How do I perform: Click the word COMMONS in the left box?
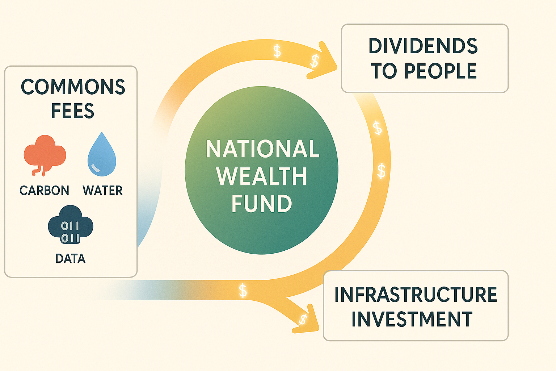[x=73, y=87]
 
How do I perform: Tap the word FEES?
[x=72, y=111]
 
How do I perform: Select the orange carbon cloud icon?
[x=45, y=154]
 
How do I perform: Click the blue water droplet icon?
[x=102, y=155]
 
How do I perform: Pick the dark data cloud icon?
[x=71, y=225]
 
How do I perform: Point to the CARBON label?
[x=44, y=191]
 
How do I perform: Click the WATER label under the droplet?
[x=102, y=191]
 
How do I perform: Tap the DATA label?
[x=71, y=259]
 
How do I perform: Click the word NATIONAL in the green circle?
[x=262, y=149]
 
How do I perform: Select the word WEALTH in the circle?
[x=261, y=176]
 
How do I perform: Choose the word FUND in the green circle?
[x=261, y=204]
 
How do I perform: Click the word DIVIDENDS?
[x=423, y=46]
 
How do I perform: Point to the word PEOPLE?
[x=440, y=71]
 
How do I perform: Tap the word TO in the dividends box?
[x=384, y=71]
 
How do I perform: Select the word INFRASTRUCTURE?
[x=416, y=295]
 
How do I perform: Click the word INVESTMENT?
[x=412, y=319]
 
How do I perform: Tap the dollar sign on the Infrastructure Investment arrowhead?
[x=303, y=319]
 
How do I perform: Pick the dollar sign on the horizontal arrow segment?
[x=243, y=291]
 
